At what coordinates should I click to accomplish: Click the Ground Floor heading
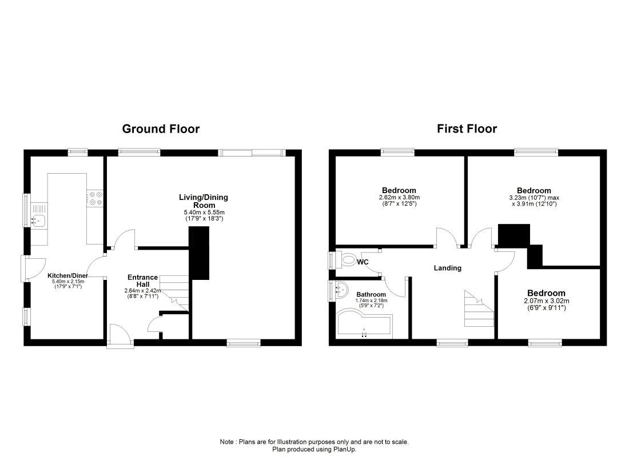(161, 129)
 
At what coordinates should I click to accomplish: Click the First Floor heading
(467, 129)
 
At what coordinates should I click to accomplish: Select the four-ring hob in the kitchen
(95, 198)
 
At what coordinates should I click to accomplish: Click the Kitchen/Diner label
(68, 275)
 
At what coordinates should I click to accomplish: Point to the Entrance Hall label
(142, 280)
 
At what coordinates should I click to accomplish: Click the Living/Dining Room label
(204, 201)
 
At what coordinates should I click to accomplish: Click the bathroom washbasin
(340, 290)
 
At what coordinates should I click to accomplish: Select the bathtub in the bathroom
(364, 321)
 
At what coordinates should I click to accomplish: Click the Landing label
(448, 268)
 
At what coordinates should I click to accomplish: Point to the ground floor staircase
(174, 292)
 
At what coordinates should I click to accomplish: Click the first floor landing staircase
(479, 308)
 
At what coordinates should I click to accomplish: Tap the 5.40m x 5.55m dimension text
(204, 212)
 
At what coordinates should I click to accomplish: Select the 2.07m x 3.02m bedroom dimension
(546, 300)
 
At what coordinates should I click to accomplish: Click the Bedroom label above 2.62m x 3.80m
(399, 190)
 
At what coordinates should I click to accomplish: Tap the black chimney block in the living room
(199, 253)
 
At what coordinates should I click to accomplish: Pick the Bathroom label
(371, 294)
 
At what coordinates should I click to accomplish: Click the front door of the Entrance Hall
(121, 335)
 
